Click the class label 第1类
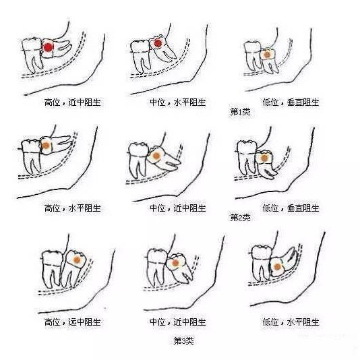pos(240,112)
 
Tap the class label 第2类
pos(240,217)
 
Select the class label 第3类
pos(183,340)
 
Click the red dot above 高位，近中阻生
pos(49,47)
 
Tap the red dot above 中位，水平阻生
pos(158,43)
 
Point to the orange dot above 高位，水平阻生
pos(46,146)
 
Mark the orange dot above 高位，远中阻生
pos(77,260)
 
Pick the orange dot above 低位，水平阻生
pos(277,267)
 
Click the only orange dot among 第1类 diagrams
pos(267,55)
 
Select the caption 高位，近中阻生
pos(73,102)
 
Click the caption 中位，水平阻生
pos(178,102)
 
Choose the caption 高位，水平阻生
pos(73,208)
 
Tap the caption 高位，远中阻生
pos(73,322)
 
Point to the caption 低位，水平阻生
pos(291,322)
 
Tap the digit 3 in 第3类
pos(183,341)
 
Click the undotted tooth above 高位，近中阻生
pos(32,55)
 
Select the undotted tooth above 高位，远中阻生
pos(52,268)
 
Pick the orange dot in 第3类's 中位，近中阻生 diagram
pos(175,263)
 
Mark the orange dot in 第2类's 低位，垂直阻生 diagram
pos(264,158)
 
